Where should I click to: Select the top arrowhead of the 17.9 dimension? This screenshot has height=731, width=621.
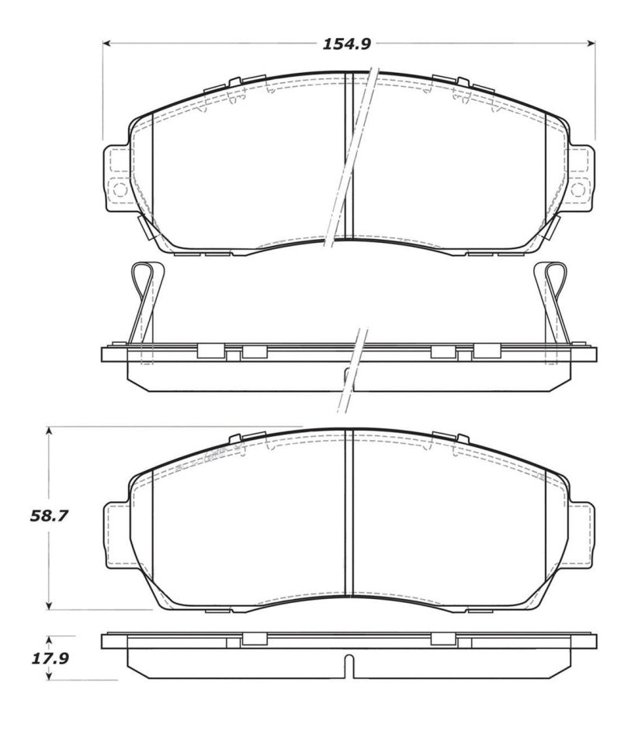pos(50,638)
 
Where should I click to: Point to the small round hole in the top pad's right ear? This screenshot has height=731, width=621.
pos(577,188)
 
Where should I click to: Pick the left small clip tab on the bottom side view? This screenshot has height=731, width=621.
pos(254,639)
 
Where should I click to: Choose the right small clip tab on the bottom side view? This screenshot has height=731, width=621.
pos(442,639)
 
